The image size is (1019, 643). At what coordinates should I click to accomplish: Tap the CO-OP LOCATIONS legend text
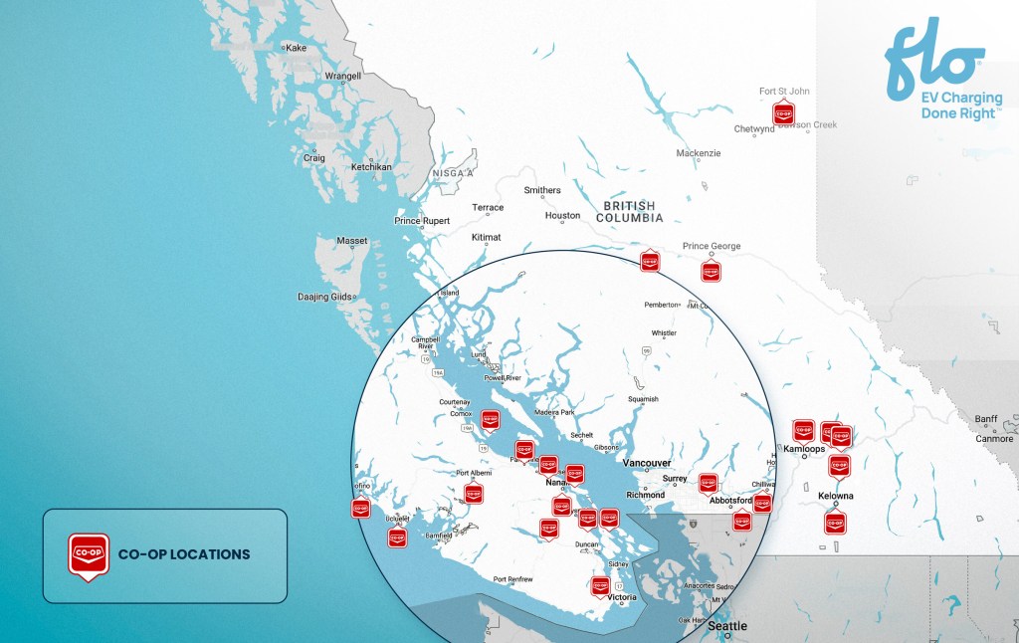(x=184, y=554)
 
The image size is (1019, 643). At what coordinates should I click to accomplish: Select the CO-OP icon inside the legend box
(x=88, y=555)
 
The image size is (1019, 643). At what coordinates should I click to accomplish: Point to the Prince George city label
(x=712, y=246)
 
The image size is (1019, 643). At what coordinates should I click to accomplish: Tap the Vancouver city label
(x=646, y=463)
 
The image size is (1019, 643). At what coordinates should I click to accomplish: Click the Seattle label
(x=726, y=626)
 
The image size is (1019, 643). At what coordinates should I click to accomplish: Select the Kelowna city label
(x=836, y=496)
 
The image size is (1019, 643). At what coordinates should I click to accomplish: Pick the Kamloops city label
(x=804, y=450)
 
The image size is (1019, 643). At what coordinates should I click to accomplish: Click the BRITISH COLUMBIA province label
(x=628, y=210)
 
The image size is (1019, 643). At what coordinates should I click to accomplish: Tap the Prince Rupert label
(x=422, y=221)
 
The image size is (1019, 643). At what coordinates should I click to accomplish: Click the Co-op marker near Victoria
(x=600, y=585)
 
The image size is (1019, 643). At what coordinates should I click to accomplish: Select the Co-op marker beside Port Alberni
(x=475, y=491)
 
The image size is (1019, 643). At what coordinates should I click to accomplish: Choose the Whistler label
(x=664, y=333)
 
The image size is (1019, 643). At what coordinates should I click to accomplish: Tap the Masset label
(x=351, y=241)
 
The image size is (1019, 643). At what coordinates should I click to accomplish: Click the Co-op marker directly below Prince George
(x=711, y=270)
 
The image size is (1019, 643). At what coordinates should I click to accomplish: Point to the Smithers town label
(x=542, y=190)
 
